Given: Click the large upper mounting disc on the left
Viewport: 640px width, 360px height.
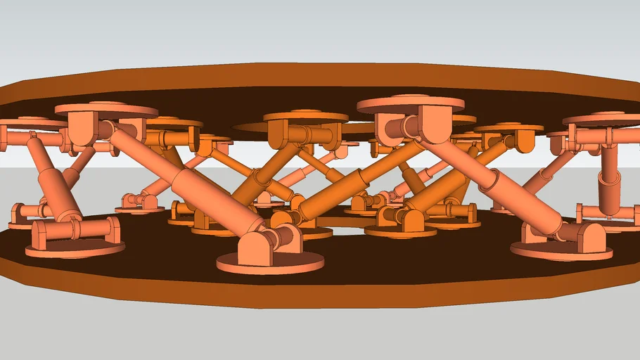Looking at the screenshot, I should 105,110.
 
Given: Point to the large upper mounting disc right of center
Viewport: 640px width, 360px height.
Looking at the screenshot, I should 411,105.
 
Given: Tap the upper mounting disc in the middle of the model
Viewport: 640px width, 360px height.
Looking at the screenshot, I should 305,116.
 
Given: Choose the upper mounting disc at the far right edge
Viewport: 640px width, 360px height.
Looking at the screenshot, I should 605,119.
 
